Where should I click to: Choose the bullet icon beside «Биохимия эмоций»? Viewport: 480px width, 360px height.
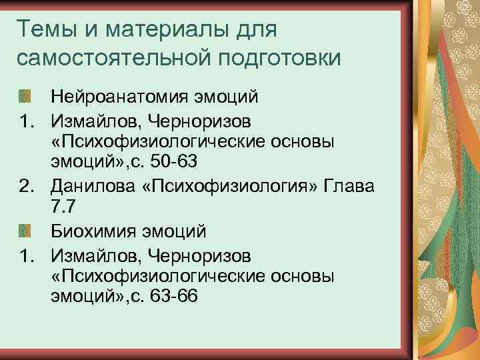[25, 231]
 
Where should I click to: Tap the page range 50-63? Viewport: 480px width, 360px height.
[174, 165]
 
